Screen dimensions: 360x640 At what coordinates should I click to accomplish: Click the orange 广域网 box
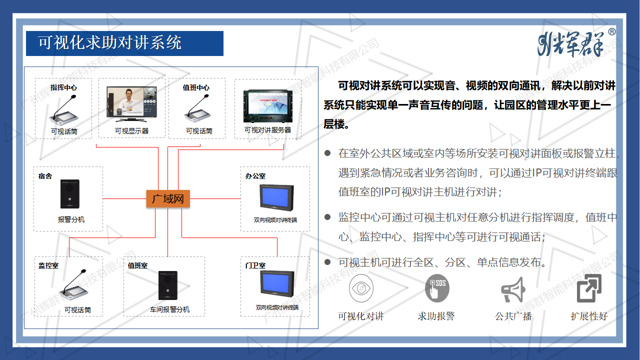168,199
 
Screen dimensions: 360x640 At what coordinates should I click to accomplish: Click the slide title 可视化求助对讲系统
110,43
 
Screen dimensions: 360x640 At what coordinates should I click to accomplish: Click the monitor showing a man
132,104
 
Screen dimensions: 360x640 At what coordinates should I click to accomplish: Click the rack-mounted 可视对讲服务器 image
268,106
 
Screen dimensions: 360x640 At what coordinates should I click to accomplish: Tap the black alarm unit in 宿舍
70,193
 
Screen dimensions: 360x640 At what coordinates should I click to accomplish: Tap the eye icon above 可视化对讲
361,288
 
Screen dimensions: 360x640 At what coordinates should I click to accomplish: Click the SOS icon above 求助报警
436,288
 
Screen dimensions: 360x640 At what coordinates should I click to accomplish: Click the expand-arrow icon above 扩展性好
589,288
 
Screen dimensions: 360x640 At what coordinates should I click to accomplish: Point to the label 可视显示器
131,131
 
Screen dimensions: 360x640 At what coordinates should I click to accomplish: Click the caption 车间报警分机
169,309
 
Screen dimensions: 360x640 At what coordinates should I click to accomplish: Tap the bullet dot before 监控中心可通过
327,217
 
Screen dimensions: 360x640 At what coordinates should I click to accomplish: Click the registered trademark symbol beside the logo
612,32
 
